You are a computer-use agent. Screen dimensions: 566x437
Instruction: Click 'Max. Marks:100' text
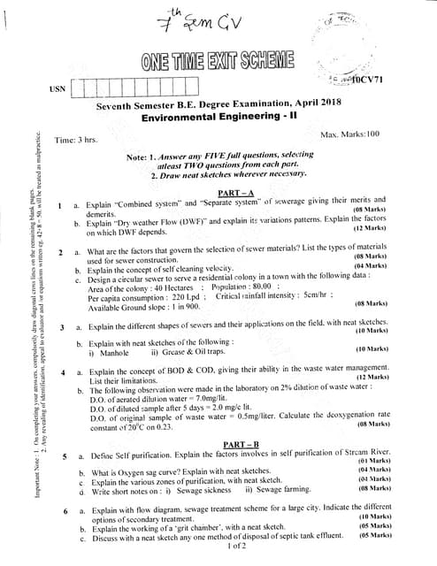point(349,134)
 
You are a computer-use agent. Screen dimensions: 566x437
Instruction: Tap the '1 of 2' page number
point(237,547)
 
